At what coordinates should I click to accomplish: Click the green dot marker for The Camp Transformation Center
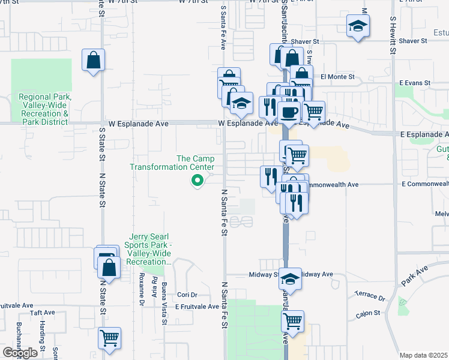click(196, 179)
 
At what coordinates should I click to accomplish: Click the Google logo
click(20, 353)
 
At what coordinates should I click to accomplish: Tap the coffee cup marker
click(289, 112)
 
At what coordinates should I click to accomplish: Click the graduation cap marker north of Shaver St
click(358, 25)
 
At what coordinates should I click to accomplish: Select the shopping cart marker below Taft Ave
click(110, 338)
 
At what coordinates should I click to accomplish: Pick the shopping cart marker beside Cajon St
click(292, 321)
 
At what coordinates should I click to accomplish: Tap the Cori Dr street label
click(187, 295)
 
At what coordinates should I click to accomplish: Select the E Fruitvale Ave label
click(197, 306)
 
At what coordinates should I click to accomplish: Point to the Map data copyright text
click(424, 355)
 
